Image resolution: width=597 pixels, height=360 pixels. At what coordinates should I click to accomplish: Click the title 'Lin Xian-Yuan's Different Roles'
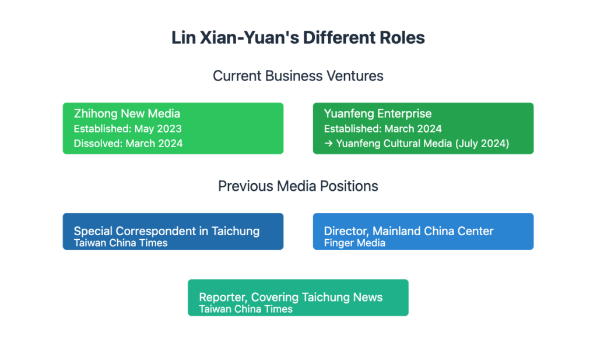tap(298, 38)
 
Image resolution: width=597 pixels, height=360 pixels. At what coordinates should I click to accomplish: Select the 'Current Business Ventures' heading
tap(298, 76)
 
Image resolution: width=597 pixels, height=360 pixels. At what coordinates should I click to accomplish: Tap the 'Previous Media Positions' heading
tap(298, 186)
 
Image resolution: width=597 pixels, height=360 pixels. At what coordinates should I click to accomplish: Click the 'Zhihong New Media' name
tap(127, 114)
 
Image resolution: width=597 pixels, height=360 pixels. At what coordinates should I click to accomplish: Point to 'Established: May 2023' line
tap(128, 129)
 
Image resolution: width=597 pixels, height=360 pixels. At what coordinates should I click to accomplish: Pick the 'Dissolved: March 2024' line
tap(128, 144)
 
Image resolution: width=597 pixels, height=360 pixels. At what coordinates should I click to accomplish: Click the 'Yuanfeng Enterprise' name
tap(378, 114)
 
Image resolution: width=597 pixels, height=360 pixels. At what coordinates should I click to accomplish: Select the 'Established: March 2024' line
tap(383, 129)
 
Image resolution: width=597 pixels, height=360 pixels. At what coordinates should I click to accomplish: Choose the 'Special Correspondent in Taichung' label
tap(167, 231)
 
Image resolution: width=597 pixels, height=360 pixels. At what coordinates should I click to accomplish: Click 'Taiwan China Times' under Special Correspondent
tap(121, 243)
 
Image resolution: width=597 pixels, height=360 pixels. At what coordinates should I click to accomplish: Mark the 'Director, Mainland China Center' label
tap(409, 231)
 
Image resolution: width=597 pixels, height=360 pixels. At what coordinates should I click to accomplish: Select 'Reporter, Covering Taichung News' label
tap(291, 297)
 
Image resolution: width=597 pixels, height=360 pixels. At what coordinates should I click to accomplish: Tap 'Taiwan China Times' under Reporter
tap(246, 309)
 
